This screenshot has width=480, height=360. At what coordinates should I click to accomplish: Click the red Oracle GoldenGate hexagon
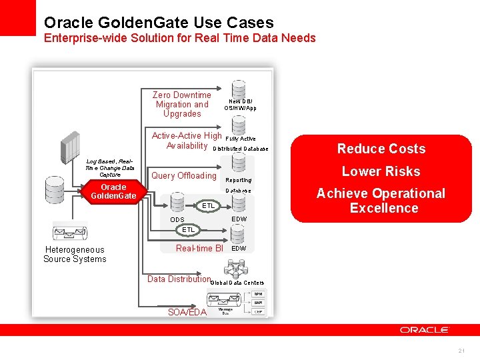click(x=113, y=191)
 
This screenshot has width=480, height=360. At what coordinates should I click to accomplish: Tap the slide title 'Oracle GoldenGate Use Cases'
click(x=159, y=23)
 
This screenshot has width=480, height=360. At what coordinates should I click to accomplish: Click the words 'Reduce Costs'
click(x=381, y=149)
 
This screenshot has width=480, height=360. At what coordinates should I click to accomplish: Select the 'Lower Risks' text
click(x=381, y=171)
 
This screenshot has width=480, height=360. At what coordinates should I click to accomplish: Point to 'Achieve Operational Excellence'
click(x=381, y=201)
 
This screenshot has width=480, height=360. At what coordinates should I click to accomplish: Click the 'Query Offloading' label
click(x=184, y=176)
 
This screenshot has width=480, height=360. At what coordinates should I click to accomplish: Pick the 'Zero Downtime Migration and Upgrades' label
click(x=182, y=105)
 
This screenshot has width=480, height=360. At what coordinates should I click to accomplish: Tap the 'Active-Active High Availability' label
click(x=187, y=141)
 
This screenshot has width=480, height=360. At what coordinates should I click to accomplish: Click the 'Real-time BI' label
click(x=199, y=248)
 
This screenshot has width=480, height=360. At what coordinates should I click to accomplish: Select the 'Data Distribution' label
click(x=179, y=279)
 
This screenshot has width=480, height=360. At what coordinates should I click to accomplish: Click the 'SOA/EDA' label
click(x=187, y=312)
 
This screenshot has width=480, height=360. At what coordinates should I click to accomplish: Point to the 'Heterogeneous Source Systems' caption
click(x=75, y=255)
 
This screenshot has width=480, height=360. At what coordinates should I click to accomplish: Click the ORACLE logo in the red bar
click(x=425, y=329)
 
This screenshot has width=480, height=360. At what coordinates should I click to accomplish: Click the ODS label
click(x=177, y=220)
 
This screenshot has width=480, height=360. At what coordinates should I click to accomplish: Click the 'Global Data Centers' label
click(x=237, y=283)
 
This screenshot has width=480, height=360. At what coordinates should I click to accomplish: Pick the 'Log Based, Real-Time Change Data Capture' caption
click(x=110, y=167)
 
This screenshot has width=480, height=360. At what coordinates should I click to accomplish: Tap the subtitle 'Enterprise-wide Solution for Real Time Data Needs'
click(x=180, y=38)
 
